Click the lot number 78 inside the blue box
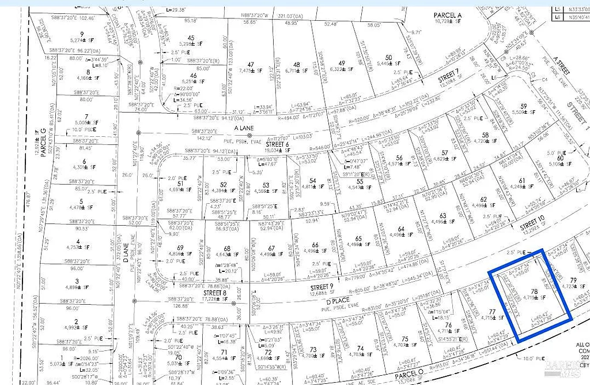534,293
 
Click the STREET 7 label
447,74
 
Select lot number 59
524,106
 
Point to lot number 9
82,33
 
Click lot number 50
389,57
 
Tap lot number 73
313,349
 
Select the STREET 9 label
322,287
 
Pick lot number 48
296,65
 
